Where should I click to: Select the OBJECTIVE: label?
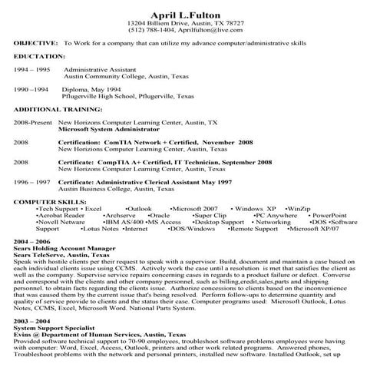pyautogui.click(x=36, y=45)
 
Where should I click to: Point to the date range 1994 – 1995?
pyautogui.click(x=31, y=69)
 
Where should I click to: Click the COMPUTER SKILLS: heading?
pyautogui.click(x=48, y=201)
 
